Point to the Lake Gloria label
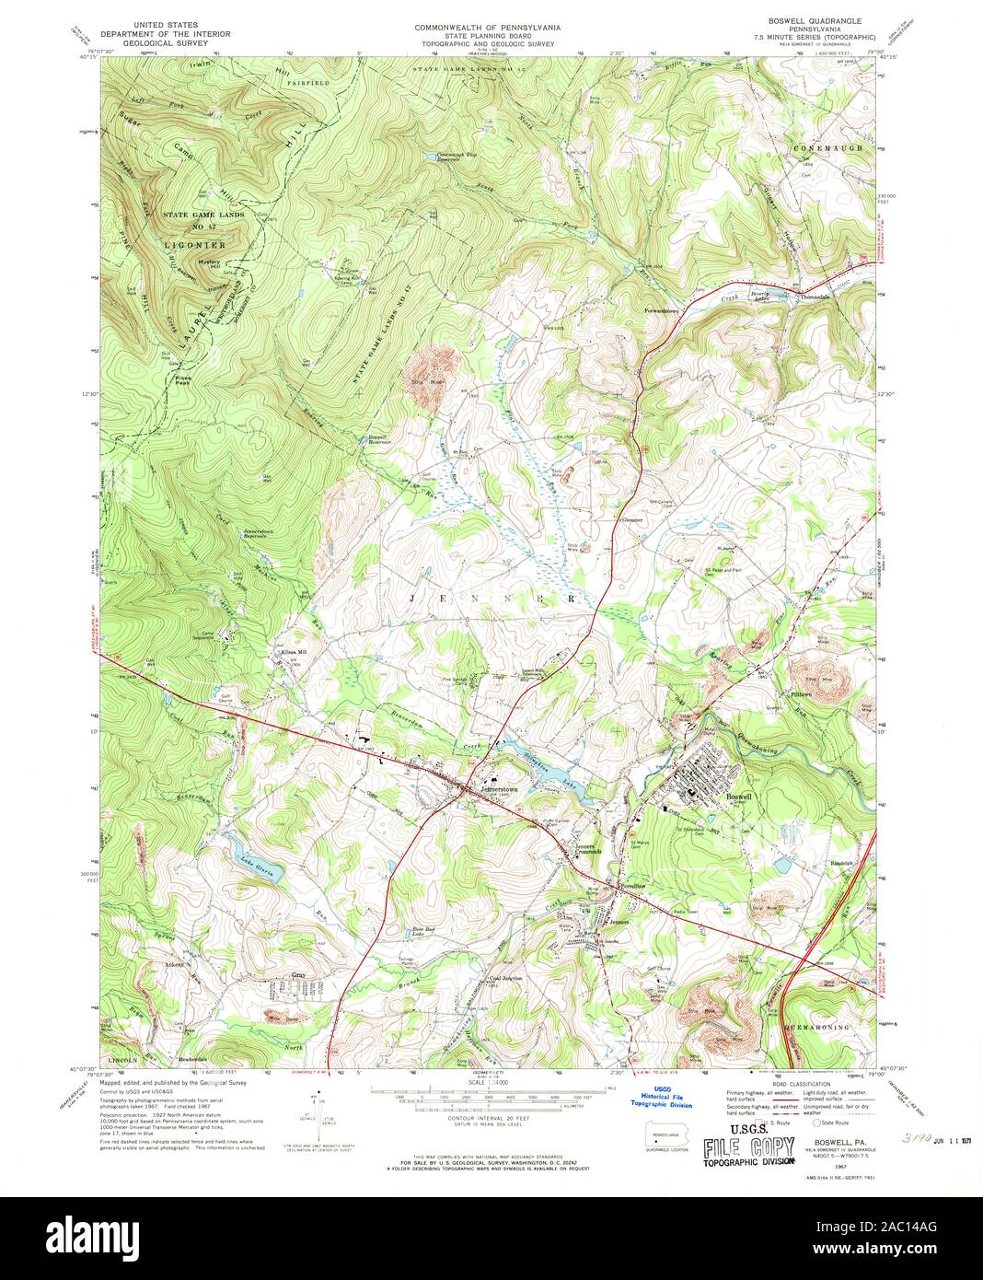257,872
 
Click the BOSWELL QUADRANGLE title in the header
808,19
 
